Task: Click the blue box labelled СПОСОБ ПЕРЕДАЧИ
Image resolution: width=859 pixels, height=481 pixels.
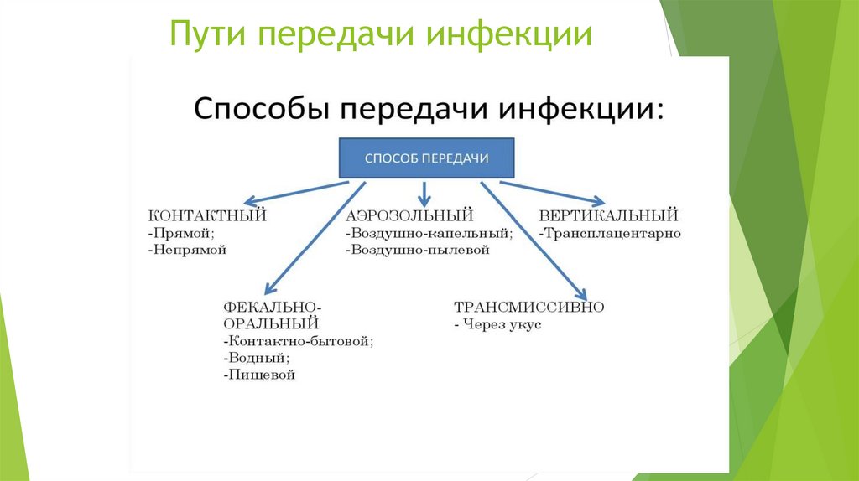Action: point(425,158)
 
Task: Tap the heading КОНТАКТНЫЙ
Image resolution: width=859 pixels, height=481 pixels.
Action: point(206,216)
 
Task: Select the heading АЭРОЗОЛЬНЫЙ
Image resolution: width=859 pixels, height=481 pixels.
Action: point(409,216)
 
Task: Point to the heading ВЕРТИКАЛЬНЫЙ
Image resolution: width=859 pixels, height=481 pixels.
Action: point(608,216)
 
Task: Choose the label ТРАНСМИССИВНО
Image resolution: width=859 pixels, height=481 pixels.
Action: point(528,307)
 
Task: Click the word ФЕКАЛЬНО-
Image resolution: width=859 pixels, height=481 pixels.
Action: point(273,307)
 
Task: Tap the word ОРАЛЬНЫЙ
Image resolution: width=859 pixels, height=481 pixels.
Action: point(271,323)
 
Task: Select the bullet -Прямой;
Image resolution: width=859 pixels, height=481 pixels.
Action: point(180,233)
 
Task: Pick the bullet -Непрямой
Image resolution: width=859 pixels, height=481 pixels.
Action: point(186,250)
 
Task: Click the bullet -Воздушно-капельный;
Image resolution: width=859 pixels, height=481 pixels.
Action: point(428,233)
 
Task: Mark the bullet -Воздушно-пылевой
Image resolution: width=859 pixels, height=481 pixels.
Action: point(416,250)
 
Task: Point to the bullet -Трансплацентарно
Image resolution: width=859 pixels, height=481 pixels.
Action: point(609,233)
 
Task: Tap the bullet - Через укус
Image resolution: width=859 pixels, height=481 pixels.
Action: point(497,323)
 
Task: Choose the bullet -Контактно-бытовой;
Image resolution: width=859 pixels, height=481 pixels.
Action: point(298,341)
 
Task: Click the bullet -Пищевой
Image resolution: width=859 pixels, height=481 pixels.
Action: point(259,375)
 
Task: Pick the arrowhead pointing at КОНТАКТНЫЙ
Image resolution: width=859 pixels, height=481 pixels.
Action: point(249,202)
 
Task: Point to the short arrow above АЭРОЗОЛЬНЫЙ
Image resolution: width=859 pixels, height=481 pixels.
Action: point(424,194)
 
